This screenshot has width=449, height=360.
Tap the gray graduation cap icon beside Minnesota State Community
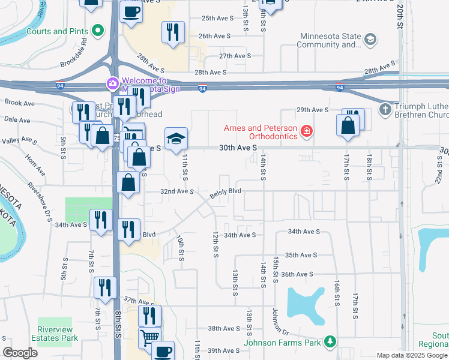(371, 40)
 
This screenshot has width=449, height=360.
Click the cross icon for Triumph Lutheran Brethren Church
(385, 110)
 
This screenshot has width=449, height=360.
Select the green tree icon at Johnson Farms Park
(329, 341)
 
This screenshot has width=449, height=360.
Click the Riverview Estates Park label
(58, 334)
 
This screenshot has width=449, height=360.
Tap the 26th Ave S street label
(215, 37)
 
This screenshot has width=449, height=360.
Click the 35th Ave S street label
(300, 255)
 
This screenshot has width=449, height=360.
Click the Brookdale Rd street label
(83, 52)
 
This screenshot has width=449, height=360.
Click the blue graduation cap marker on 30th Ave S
(176, 139)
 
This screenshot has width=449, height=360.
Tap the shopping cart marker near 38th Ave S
(149, 337)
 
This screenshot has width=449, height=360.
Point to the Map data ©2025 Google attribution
(411, 355)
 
